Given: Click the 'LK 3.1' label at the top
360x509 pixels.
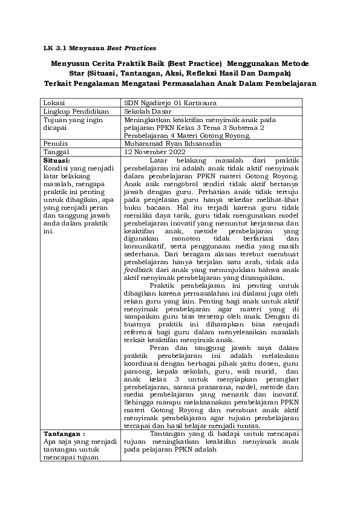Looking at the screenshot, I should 57,47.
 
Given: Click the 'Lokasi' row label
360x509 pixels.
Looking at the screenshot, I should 55,103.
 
